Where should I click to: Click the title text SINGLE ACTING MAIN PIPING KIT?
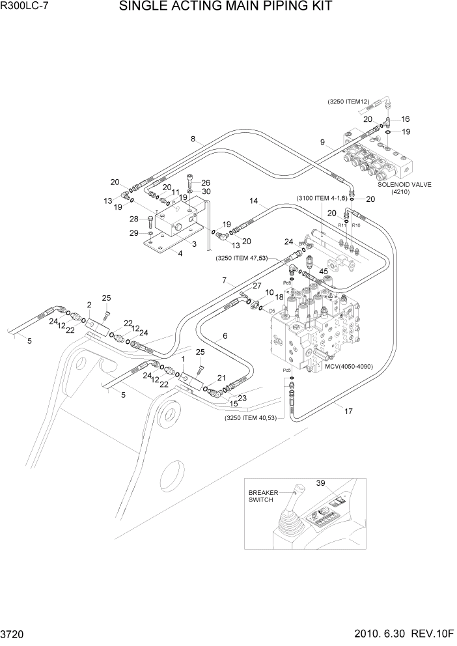tap(226, 7)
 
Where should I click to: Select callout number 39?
tap(321, 484)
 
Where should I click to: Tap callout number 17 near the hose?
tap(348, 410)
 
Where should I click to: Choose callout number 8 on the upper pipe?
tap(193, 138)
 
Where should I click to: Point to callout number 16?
tap(406, 119)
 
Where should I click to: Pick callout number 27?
tap(256, 285)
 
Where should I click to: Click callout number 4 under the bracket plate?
tap(181, 254)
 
